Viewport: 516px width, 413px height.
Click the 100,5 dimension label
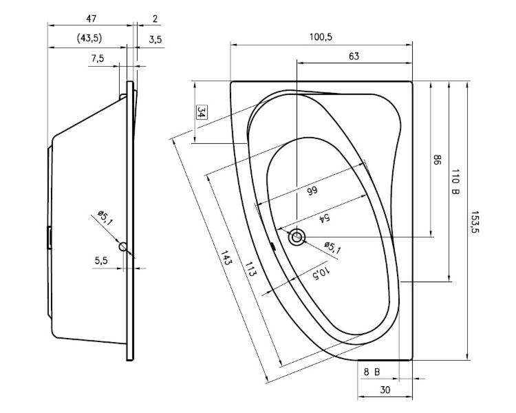(x=321, y=37)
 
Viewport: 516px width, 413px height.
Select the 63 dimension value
(x=354, y=56)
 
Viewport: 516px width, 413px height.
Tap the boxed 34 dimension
(x=201, y=112)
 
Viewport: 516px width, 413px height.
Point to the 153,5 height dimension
(x=474, y=222)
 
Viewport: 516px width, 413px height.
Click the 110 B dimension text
(x=455, y=182)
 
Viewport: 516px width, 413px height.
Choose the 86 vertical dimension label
(x=436, y=160)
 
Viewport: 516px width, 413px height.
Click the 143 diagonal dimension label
(x=226, y=258)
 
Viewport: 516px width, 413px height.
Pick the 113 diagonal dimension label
(x=250, y=268)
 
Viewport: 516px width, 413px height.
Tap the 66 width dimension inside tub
(x=312, y=191)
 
